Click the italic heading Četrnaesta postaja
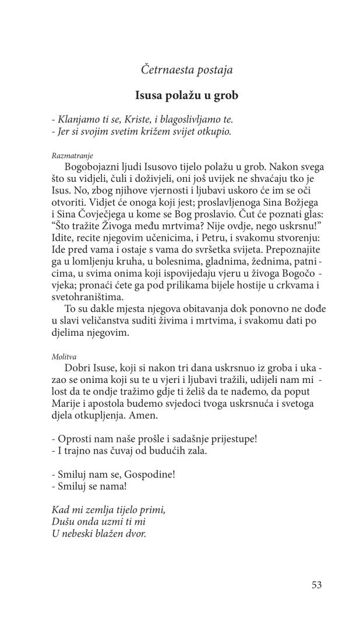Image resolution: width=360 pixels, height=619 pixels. point(186,71)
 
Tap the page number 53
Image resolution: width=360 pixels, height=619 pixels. point(316,585)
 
